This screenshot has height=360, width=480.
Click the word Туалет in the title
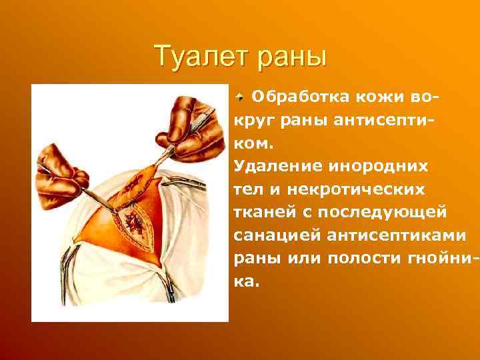coord(197,56)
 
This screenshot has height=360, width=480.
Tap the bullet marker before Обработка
coord(241,98)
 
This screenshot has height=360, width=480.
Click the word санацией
coord(275,237)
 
